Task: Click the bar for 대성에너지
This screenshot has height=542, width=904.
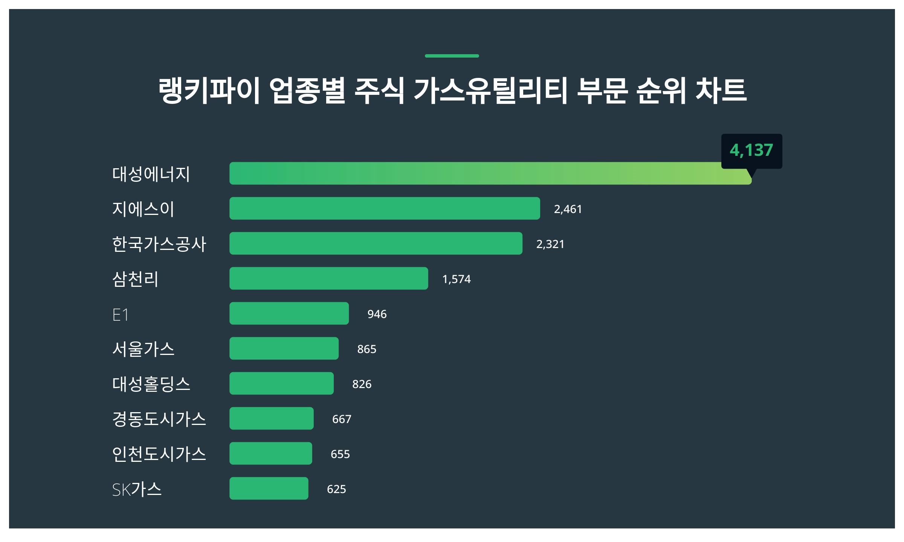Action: tap(490, 174)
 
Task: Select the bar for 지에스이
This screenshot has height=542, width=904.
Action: tap(385, 209)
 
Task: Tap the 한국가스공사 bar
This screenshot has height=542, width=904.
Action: tap(376, 244)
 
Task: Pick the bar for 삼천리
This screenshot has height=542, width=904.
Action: tap(328, 279)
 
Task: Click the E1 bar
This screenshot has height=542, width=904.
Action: tap(289, 314)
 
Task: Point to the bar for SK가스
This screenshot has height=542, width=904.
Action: tap(269, 489)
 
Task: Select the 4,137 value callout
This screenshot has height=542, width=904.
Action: tap(751, 151)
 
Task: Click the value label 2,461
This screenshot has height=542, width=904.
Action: tap(568, 209)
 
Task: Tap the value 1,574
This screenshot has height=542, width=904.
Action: tap(456, 279)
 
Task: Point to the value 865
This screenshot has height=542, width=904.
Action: tap(366, 349)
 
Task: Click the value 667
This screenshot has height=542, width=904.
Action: tap(341, 419)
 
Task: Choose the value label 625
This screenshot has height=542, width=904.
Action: tap(336, 489)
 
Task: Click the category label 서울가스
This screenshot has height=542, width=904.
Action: tap(143, 349)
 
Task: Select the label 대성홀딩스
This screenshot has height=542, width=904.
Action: tap(151, 384)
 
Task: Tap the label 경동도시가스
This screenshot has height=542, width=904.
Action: tap(159, 419)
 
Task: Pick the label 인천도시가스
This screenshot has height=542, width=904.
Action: tap(159, 454)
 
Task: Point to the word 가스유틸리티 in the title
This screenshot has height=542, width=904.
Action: tap(490, 91)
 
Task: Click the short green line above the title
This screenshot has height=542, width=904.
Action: tap(452, 56)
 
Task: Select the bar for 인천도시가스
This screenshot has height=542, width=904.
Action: tap(270, 454)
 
